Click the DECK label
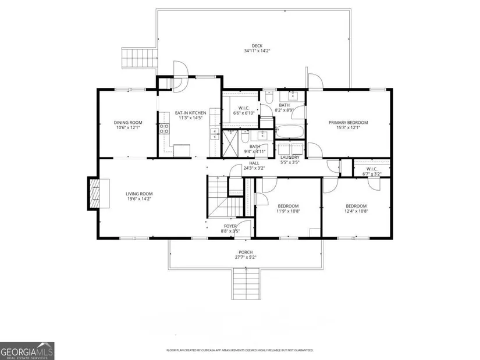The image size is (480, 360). pyautogui.click(x=257, y=46)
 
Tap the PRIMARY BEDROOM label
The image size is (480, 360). pyautogui.click(x=349, y=123)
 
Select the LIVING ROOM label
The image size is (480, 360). pyautogui.click(x=139, y=194)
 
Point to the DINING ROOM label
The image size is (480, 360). pyautogui.click(x=128, y=123)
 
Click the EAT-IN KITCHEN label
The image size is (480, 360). pyautogui.click(x=190, y=113)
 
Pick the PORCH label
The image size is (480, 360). pyautogui.click(x=246, y=252)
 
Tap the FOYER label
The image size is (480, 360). pyautogui.click(x=230, y=226)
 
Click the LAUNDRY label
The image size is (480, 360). pyautogui.click(x=290, y=158)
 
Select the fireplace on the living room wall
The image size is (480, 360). pyautogui.click(x=98, y=194)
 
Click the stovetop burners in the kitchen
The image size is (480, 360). pyautogui.click(x=164, y=129)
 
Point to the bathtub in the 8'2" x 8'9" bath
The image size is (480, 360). pyautogui.click(x=289, y=132)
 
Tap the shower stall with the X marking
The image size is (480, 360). pyautogui.click(x=230, y=144)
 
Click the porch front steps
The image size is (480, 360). pyautogui.click(x=246, y=283)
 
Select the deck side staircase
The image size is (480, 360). pyautogui.click(x=140, y=58)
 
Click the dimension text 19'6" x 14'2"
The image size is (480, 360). pyautogui.click(x=139, y=199)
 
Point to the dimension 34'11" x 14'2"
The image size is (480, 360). pyautogui.click(x=257, y=51)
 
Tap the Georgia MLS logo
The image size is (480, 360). pyautogui.click(x=27, y=351)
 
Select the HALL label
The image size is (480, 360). pyautogui.click(x=254, y=163)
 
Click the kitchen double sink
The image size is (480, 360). pyautogui.click(x=215, y=134)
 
